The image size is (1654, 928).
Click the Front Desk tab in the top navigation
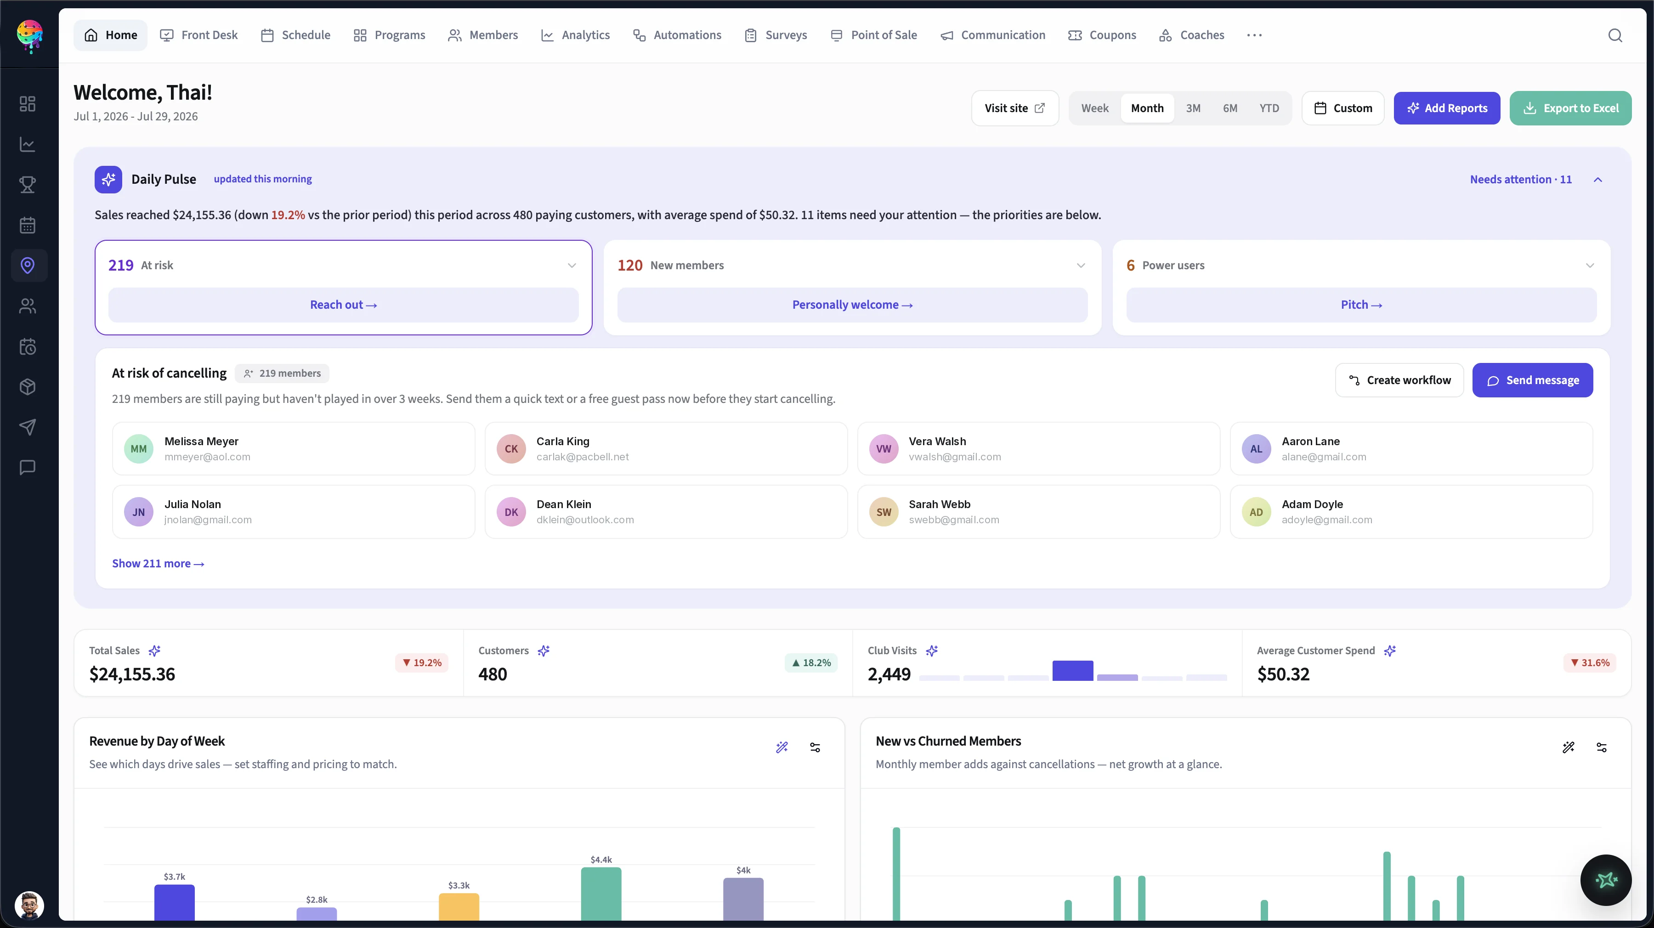click(x=198, y=35)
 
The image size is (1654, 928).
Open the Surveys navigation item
click(x=776, y=35)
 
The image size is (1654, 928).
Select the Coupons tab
click(x=1102, y=35)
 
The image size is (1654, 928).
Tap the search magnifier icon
click(x=1615, y=35)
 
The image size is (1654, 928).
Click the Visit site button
click(x=1014, y=108)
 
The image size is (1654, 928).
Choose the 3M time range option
click(x=1193, y=108)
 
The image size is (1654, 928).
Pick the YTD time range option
click(x=1269, y=108)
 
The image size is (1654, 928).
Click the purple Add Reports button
click(x=1447, y=108)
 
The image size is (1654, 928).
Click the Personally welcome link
click(x=852, y=305)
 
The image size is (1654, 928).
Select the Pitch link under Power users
click(x=1361, y=305)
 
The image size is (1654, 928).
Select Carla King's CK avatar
click(x=511, y=449)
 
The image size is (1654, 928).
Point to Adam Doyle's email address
click(x=1326, y=520)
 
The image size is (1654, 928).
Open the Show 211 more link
click(x=158, y=563)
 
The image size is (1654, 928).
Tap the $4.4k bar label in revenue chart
click(x=601, y=859)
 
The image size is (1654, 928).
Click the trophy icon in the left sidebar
click(x=28, y=185)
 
